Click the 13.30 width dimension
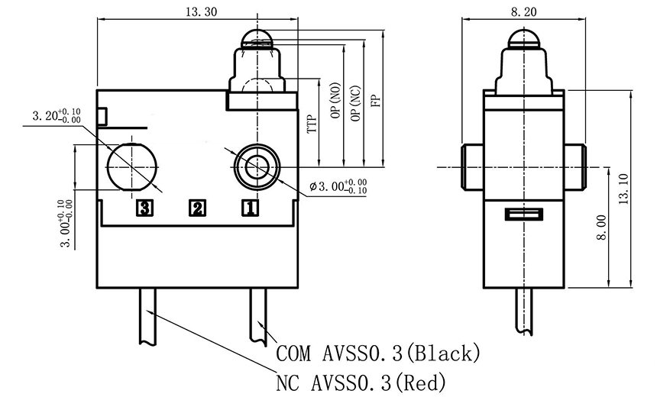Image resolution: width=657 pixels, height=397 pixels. click(202, 11)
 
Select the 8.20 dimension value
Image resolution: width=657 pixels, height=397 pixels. click(523, 12)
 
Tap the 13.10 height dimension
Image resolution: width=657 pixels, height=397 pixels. click(624, 189)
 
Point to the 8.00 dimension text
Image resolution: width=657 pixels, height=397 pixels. click(601, 228)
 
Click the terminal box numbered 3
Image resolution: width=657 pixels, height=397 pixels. click(144, 208)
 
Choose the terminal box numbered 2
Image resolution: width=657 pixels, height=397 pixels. click(197, 208)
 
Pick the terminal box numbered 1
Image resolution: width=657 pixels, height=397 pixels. click(250, 208)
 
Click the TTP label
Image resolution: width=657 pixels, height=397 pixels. click(312, 124)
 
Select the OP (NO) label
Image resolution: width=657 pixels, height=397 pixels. click(336, 101)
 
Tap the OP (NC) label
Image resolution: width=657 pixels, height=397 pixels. click(356, 103)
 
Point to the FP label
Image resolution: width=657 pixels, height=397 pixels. click(376, 101)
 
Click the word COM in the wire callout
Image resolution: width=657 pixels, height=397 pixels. click(293, 354)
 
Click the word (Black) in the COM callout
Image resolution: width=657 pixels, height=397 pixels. click(443, 353)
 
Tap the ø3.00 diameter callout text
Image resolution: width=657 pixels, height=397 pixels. click(338, 187)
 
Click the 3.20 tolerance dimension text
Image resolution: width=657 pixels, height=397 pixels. click(57, 115)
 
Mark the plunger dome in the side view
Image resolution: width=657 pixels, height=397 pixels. click(524, 38)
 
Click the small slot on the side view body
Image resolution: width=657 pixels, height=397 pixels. click(524, 214)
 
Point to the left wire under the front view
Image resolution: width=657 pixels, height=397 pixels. click(147, 317)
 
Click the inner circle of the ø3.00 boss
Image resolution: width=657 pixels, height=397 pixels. click(257, 167)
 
